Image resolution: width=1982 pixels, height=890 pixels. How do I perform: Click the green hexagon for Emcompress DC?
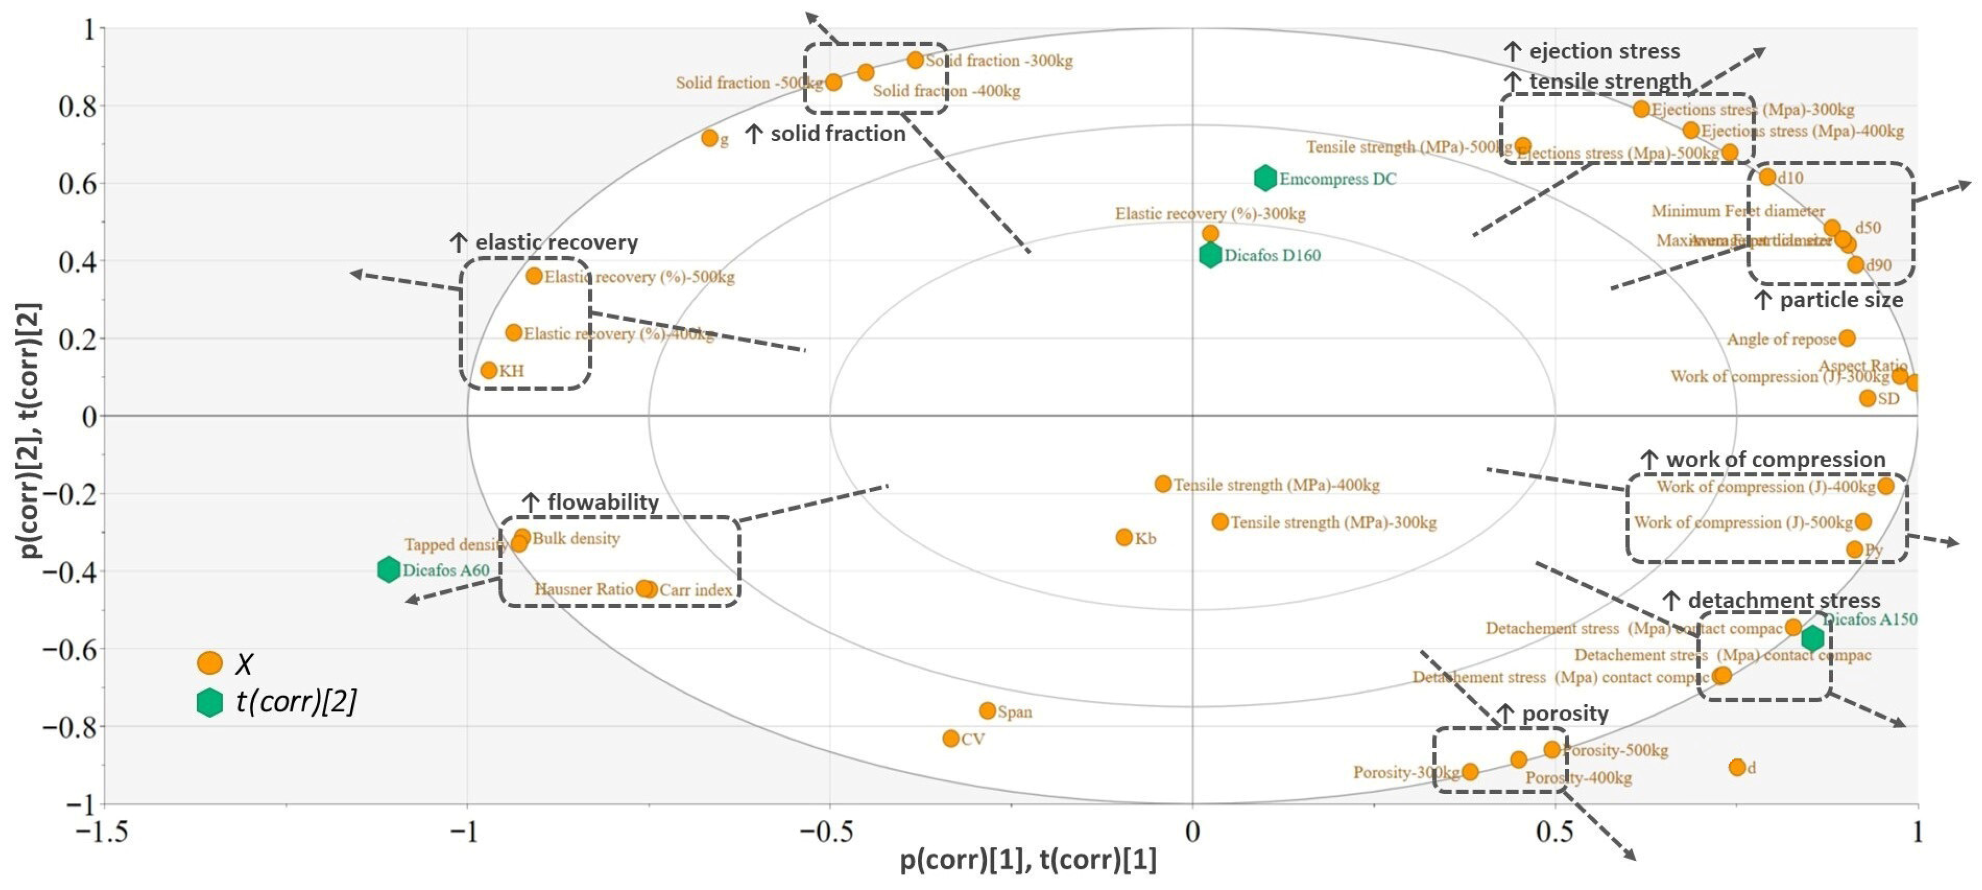click(x=1265, y=178)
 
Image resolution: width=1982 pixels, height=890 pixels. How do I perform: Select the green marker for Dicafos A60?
click(x=389, y=570)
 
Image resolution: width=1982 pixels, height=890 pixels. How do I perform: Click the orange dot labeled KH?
click(x=489, y=371)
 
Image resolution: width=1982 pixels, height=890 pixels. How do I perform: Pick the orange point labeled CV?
click(x=951, y=738)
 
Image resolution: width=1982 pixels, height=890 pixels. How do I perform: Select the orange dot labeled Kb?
click(x=1124, y=537)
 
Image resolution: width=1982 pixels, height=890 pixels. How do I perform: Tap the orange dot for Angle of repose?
click(x=1848, y=338)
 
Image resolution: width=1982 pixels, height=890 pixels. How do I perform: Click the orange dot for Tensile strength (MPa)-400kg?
click(x=1163, y=484)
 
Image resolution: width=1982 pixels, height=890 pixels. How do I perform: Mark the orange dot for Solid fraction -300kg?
click(x=915, y=60)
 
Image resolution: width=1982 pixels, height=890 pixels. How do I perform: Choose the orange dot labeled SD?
click(x=1867, y=398)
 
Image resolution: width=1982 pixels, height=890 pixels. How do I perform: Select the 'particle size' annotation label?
click(x=1841, y=300)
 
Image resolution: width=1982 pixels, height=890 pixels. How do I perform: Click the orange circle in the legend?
click(x=209, y=663)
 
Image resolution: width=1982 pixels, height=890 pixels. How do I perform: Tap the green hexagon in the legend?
click(x=209, y=702)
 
